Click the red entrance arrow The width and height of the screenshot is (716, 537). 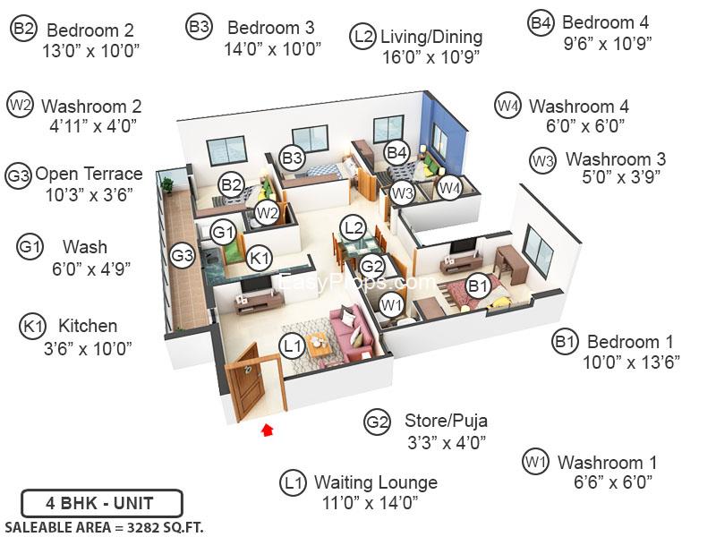point(267,430)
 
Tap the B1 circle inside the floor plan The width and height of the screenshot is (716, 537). point(478,286)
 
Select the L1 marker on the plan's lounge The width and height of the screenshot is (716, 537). point(293,345)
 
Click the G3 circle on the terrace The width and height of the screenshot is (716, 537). point(183,255)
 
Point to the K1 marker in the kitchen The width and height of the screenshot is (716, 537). point(260,258)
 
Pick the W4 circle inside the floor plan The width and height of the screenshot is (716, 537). point(450,187)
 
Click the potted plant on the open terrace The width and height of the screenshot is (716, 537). point(167,185)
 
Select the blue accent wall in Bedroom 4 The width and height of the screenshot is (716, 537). point(445,133)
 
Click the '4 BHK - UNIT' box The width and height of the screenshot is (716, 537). point(102,503)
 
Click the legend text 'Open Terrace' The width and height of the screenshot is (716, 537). point(89,174)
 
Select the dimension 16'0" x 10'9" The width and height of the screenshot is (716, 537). point(431,57)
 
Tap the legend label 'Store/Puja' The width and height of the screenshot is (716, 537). point(446,421)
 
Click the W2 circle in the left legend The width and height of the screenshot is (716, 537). point(20,105)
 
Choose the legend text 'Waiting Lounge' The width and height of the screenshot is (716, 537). point(376,482)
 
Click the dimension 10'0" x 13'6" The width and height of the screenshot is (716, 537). point(632,363)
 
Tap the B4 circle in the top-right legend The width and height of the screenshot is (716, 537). point(541,22)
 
